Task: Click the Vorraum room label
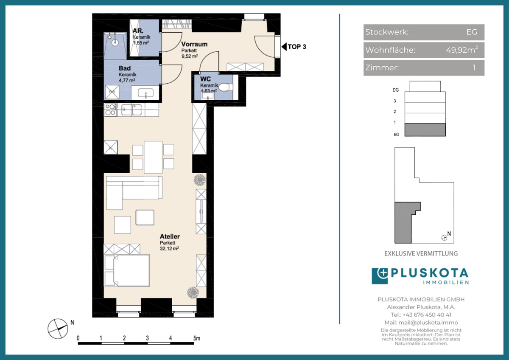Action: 194,44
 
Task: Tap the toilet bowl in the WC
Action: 225,87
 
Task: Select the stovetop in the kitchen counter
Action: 110,110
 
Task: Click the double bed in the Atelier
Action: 127,270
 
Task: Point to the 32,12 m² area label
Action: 169,249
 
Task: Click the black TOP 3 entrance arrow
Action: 284,47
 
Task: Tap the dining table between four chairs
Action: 153,157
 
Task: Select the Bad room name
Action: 125,68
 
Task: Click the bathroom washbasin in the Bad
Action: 145,93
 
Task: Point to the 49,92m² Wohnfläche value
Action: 462,50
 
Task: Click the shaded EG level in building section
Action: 425,130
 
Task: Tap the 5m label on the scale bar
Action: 197,338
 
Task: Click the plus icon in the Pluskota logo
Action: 383,273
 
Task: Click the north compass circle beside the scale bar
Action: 58,329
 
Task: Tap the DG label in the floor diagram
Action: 396,90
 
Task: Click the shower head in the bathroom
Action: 115,42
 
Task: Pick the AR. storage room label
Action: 138,31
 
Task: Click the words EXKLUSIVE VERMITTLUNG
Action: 421,253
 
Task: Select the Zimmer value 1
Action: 474,67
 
